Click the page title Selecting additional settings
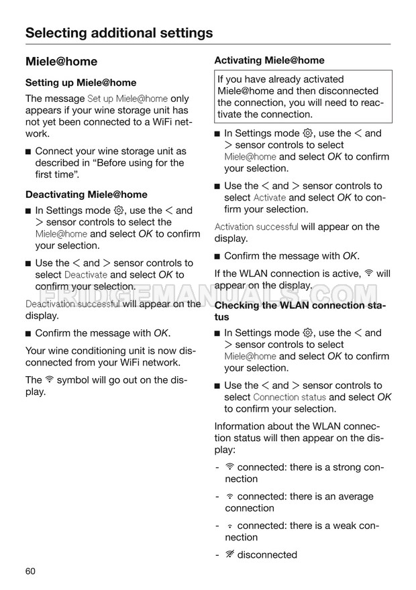tap(119, 33)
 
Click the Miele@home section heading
tap(61, 62)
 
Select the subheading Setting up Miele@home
tap(81, 83)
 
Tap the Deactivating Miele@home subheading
tap(86, 195)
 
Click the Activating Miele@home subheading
tap(269, 60)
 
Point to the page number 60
tap(30, 571)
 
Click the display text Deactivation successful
tap(72, 304)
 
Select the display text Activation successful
tap(256, 227)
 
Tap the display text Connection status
tap(290, 398)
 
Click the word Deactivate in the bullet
tap(85, 275)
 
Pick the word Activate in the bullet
tap(270, 198)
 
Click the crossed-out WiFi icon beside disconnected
tap(229, 554)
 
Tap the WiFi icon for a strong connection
tap(229, 467)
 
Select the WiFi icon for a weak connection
tap(229, 526)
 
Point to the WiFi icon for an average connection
tap(229, 497)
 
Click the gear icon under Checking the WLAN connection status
tap(308, 333)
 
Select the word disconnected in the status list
tap(267, 555)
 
